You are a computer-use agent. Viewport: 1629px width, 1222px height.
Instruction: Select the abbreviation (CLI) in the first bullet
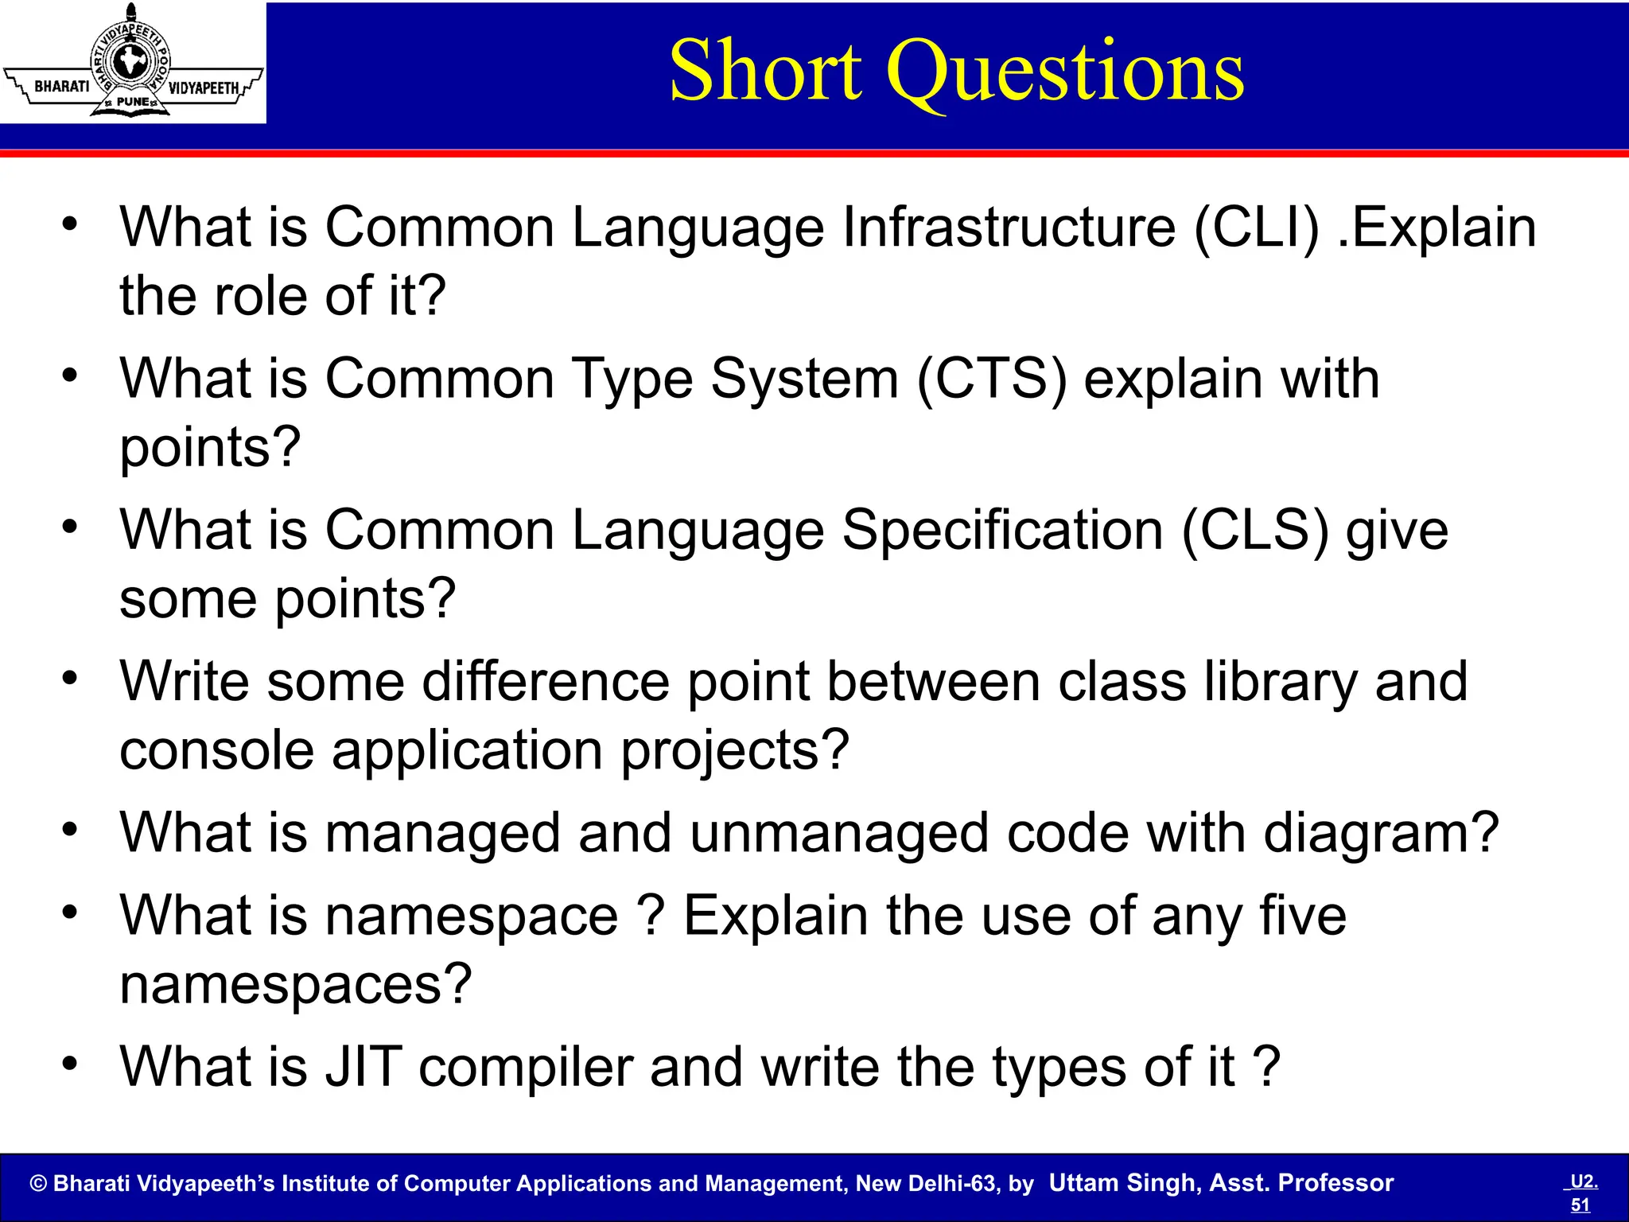click(1256, 228)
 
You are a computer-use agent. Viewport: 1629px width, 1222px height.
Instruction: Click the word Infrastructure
click(1008, 228)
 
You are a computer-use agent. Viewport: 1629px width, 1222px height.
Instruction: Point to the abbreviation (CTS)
click(991, 379)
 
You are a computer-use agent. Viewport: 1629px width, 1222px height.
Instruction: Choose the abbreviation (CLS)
click(1254, 531)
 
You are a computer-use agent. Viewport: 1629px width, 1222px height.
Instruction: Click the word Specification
click(1002, 531)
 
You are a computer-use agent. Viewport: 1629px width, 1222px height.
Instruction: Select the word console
click(216, 750)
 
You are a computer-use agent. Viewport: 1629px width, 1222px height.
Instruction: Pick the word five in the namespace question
click(1303, 916)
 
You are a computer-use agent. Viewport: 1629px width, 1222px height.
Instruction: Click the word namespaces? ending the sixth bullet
click(296, 985)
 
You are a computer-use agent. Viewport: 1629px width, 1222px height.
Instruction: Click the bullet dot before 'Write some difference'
click(70, 679)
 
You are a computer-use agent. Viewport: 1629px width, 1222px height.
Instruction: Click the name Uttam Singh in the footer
click(1122, 1183)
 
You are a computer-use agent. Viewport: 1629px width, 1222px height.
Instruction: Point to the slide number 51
click(1580, 1204)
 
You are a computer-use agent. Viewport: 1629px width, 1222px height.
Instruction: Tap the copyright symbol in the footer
click(38, 1184)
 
